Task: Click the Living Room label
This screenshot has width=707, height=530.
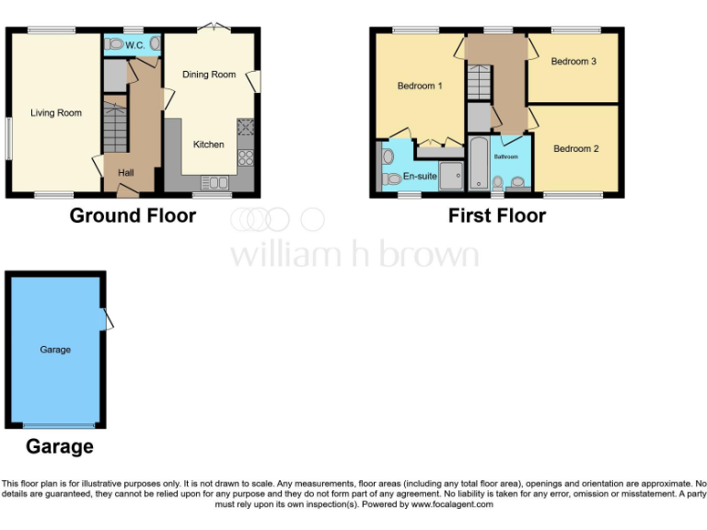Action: pyautogui.click(x=56, y=113)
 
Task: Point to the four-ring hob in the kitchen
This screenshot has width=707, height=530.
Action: pyautogui.click(x=246, y=157)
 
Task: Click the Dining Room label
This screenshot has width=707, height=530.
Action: pyautogui.click(x=209, y=75)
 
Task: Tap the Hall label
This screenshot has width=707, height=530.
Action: pyautogui.click(x=125, y=172)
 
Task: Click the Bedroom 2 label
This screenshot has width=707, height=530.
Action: pyautogui.click(x=576, y=148)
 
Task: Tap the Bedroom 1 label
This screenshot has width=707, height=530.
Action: pyautogui.click(x=420, y=86)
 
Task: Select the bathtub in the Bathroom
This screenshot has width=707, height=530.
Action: pyautogui.click(x=479, y=164)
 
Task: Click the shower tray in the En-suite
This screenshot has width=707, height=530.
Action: pyautogui.click(x=451, y=176)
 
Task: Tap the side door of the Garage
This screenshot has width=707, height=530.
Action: pyautogui.click(x=109, y=318)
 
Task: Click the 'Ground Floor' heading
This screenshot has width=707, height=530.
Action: pyautogui.click(x=133, y=216)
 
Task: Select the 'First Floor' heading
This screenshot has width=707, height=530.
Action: pyautogui.click(x=497, y=216)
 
